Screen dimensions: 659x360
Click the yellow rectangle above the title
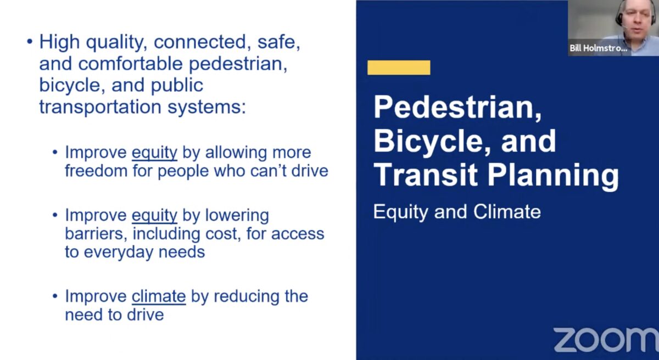tap(399, 67)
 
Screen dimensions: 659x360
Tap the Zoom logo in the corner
tap(606, 340)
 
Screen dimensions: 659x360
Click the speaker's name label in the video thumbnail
tap(598, 48)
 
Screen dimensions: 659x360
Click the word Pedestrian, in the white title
tap(457, 107)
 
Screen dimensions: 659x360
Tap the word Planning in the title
tap(554, 176)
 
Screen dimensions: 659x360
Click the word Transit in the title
tap(426, 175)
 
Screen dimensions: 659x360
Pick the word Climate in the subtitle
tap(507, 212)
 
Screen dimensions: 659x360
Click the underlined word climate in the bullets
tap(159, 296)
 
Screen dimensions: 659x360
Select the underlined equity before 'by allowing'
tap(154, 153)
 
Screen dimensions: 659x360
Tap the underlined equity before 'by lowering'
tap(154, 216)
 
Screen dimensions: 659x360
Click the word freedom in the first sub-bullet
tap(96, 171)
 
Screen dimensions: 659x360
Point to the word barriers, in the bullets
tap(96, 234)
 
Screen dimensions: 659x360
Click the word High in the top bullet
tap(59, 42)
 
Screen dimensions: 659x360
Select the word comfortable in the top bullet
tap(130, 63)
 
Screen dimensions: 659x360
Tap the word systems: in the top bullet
tap(206, 107)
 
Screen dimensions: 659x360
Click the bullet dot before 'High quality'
tap(30, 42)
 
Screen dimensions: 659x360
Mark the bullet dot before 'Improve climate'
tap(55, 296)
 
